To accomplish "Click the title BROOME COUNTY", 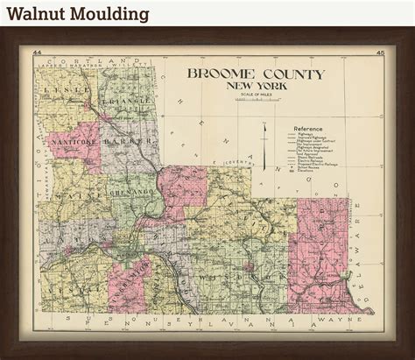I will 254,74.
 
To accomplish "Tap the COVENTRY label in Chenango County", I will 236,163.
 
